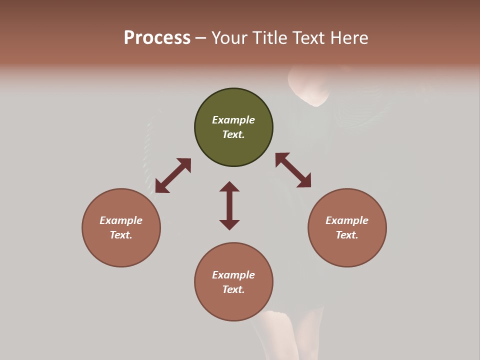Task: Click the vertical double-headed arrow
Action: pos(229,205)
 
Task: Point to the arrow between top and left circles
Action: pos(173,175)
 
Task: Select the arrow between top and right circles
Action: pos(293,170)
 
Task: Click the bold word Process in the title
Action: pos(157,38)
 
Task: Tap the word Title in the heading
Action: pos(269,38)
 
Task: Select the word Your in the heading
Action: pos(230,38)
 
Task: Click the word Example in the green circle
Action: pos(233,120)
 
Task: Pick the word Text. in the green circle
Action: pos(233,134)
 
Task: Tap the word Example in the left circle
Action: pos(121,220)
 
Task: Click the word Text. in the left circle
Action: pos(121,235)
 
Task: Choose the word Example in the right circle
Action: pos(347,220)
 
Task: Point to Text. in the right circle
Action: pos(347,235)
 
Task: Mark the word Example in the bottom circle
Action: pos(233,275)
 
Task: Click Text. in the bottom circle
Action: pos(233,289)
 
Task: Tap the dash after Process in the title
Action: pos(201,38)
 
